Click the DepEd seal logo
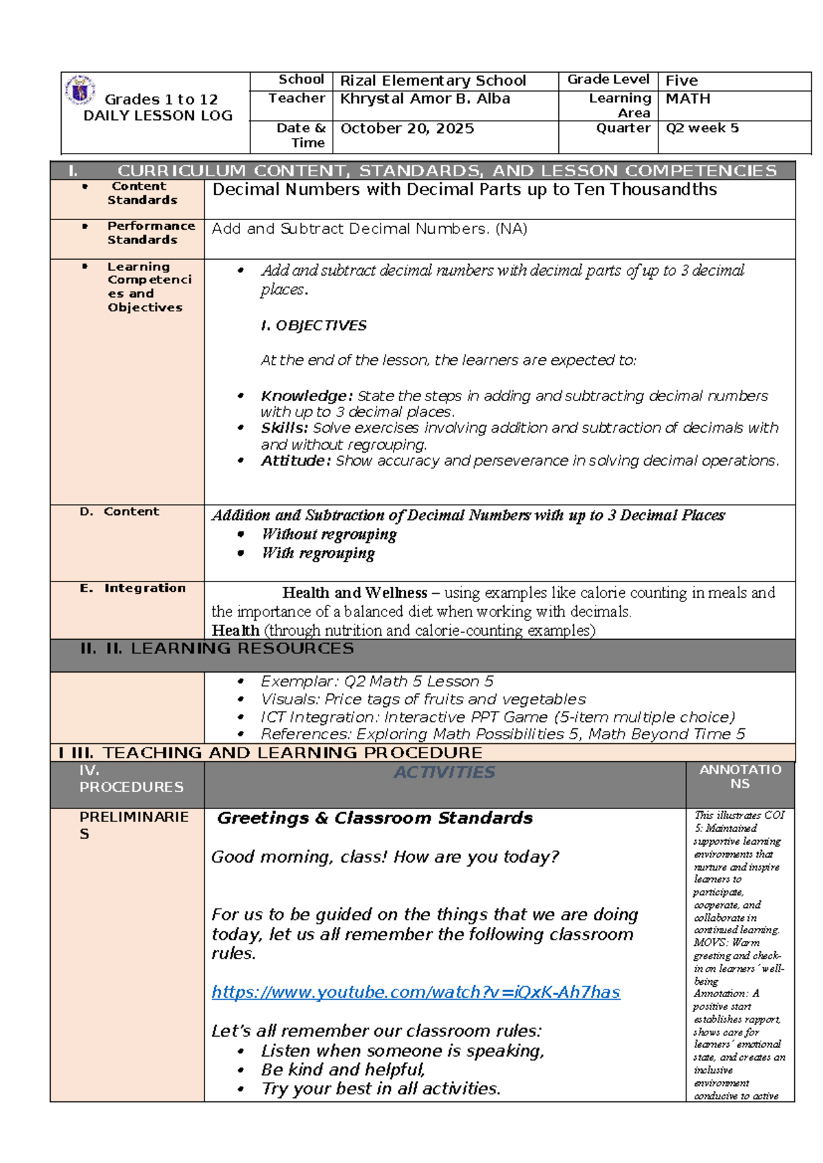[80, 90]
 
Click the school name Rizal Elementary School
[433, 81]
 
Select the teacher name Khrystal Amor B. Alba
[425, 99]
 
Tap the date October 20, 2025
[407, 129]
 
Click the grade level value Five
[681, 81]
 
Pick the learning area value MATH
[687, 99]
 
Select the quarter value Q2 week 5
[702, 128]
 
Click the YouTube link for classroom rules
[416, 992]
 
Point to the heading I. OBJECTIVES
[313, 326]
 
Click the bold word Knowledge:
[306, 396]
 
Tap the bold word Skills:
[284, 428]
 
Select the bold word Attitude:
[296, 461]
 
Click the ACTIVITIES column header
[444, 773]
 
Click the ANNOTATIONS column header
[740, 777]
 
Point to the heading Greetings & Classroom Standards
[374, 818]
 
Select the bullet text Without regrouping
[329, 534]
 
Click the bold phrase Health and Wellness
[354, 592]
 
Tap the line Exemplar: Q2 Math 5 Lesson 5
[377, 682]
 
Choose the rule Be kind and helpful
[343, 1070]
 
